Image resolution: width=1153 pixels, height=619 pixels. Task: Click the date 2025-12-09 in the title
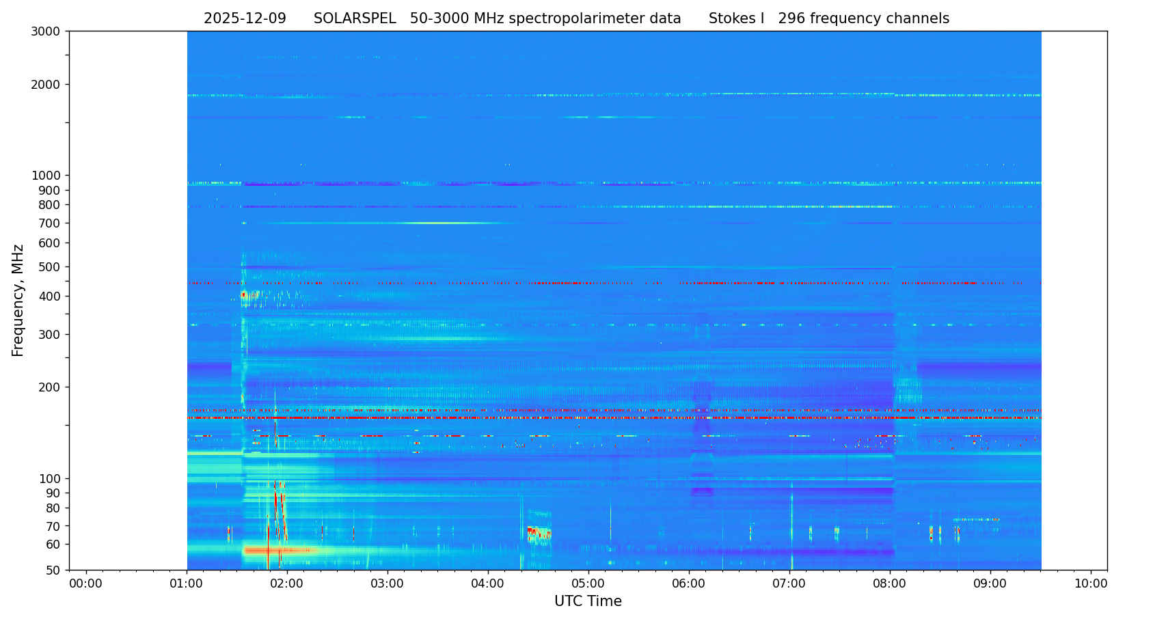click(x=245, y=19)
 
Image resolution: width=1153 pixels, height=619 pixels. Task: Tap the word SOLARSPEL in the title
click(x=355, y=19)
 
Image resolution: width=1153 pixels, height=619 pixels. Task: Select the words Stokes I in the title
click(x=736, y=19)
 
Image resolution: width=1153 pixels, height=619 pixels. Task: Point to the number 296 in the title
click(x=792, y=19)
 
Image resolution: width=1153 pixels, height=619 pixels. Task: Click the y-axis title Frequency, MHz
click(x=18, y=301)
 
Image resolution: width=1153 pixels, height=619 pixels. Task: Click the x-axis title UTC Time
click(x=588, y=602)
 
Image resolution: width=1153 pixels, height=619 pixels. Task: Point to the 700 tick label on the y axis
click(x=49, y=223)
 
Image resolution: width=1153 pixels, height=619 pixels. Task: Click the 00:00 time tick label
click(x=86, y=584)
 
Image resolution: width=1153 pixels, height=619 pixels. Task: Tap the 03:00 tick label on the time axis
click(x=388, y=584)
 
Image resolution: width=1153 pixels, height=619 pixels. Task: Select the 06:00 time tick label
click(x=689, y=584)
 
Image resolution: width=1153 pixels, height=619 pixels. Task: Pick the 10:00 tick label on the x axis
click(x=1091, y=584)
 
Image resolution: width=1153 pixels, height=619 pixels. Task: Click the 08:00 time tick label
click(x=890, y=584)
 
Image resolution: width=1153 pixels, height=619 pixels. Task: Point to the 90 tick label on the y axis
click(x=53, y=493)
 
